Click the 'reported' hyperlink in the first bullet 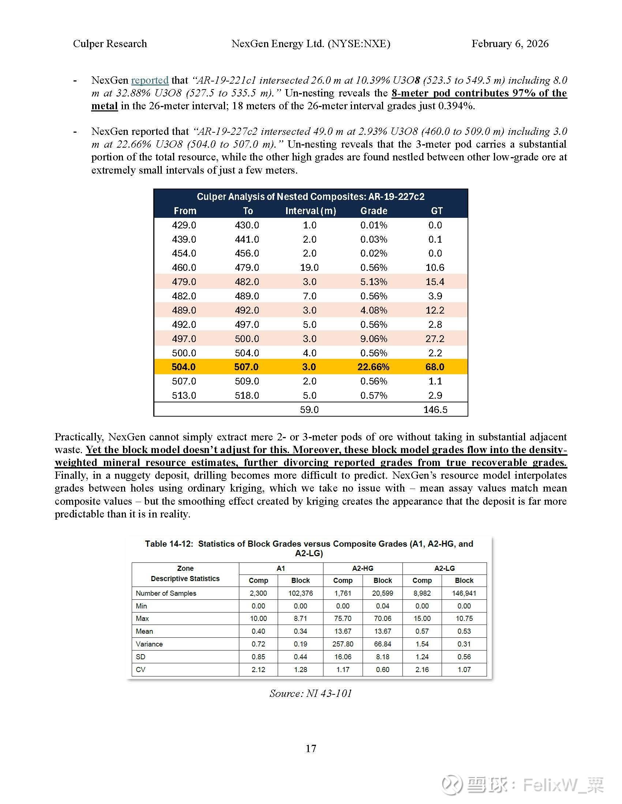pyautogui.click(x=150, y=80)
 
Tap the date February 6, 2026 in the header pyautogui.click(x=510, y=43)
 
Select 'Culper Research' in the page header pyautogui.click(x=110, y=43)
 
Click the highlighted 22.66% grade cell pyautogui.click(x=373, y=367)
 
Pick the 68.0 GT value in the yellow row pyautogui.click(x=435, y=367)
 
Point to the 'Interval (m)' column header pyautogui.click(x=310, y=211)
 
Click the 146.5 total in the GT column pyautogui.click(x=435, y=409)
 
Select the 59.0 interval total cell pyautogui.click(x=309, y=409)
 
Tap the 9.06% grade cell pyautogui.click(x=373, y=338)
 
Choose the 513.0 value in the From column pyautogui.click(x=184, y=395)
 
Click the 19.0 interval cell pyautogui.click(x=309, y=267)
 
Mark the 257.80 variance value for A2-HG pyautogui.click(x=343, y=644)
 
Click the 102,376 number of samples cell pyautogui.click(x=300, y=593)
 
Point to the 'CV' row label pyautogui.click(x=140, y=669)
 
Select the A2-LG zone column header pyautogui.click(x=445, y=568)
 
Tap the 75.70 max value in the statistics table pyautogui.click(x=343, y=618)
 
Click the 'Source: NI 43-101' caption pyautogui.click(x=310, y=693)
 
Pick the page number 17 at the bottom pyautogui.click(x=311, y=748)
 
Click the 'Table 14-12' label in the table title pyautogui.click(x=169, y=544)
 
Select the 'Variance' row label pyautogui.click(x=149, y=644)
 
